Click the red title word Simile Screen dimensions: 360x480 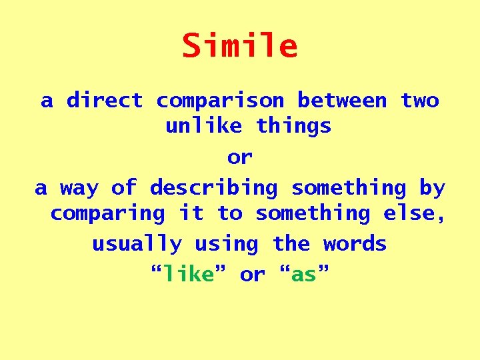coord(240,46)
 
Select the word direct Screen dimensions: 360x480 coord(105,101)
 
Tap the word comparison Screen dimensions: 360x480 coord(220,101)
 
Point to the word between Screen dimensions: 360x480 coord(342,101)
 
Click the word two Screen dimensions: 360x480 coord(419,101)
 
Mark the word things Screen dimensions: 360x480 coord(293,125)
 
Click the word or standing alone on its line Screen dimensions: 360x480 coord(240,157)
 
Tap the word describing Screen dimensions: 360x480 coord(213,189)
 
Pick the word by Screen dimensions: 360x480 coord(432,189)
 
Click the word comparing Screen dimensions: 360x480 coord(107,213)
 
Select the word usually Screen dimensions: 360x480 coord(137,244)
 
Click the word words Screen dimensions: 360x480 coord(355,244)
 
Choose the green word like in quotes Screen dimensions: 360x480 coord(188,274)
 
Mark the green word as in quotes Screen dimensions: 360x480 coord(303,274)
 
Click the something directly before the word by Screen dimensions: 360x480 coord(349,189)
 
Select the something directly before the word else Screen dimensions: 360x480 coord(313,213)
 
